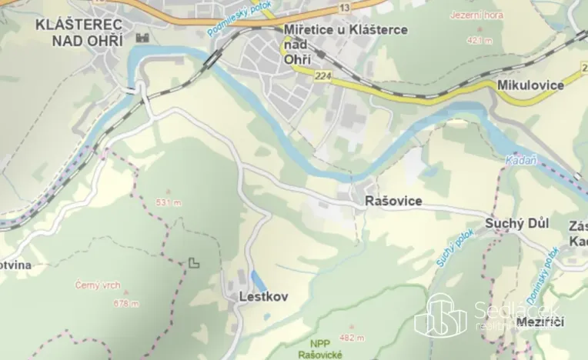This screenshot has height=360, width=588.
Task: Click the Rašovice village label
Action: [393, 201]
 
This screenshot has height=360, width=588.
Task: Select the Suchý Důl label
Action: [516, 223]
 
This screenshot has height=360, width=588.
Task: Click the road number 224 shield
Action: [322, 75]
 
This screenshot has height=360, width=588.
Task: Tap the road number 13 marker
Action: [343, 7]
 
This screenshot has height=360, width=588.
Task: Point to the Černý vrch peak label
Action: [97, 285]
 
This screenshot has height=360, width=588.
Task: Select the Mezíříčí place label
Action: [540, 320]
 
